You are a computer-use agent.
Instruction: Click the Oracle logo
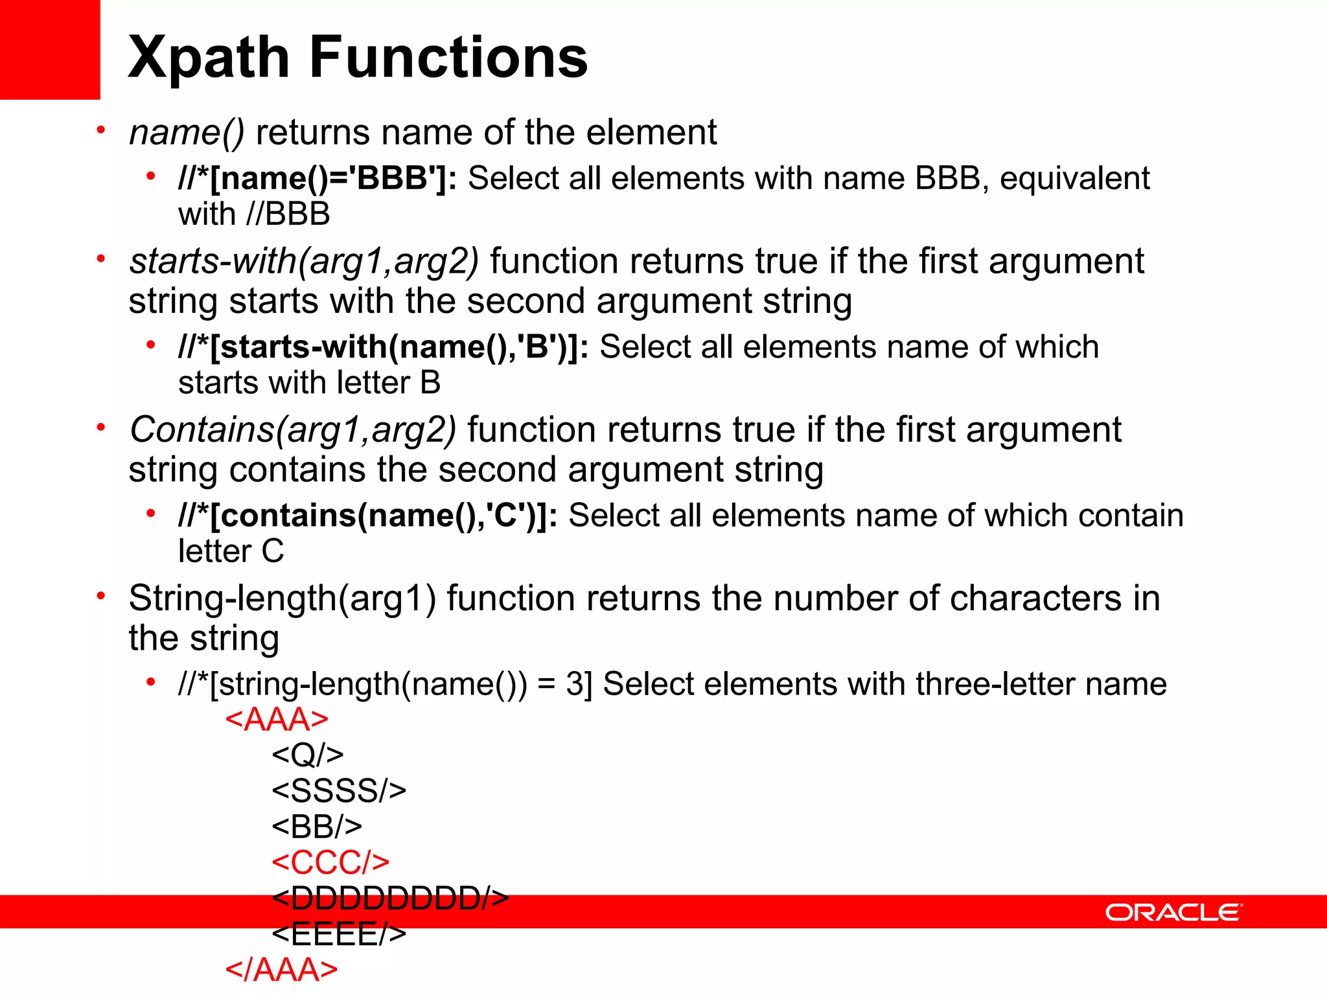tap(1173, 912)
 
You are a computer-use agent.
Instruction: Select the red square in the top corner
tap(50, 49)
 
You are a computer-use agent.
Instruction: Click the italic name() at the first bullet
tap(187, 133)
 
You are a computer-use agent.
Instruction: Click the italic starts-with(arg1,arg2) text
tap(304, 261)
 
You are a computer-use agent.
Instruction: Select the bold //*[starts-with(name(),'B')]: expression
tap(383, 347)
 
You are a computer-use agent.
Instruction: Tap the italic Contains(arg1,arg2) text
tap(293, 430)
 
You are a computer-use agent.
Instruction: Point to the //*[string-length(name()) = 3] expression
tap(385, 684)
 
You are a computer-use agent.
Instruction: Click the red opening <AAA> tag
tap(277, 720)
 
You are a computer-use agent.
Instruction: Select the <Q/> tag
tap(308, 755)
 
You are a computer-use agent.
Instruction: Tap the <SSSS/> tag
tap(339, 791)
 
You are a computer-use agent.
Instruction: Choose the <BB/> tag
tap(317, 827)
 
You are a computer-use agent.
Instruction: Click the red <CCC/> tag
tap(330, 862)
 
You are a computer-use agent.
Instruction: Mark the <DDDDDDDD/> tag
tap(390, 898)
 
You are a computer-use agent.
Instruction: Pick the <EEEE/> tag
tap(339, 934)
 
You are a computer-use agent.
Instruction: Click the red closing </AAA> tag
tap(281, 970)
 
